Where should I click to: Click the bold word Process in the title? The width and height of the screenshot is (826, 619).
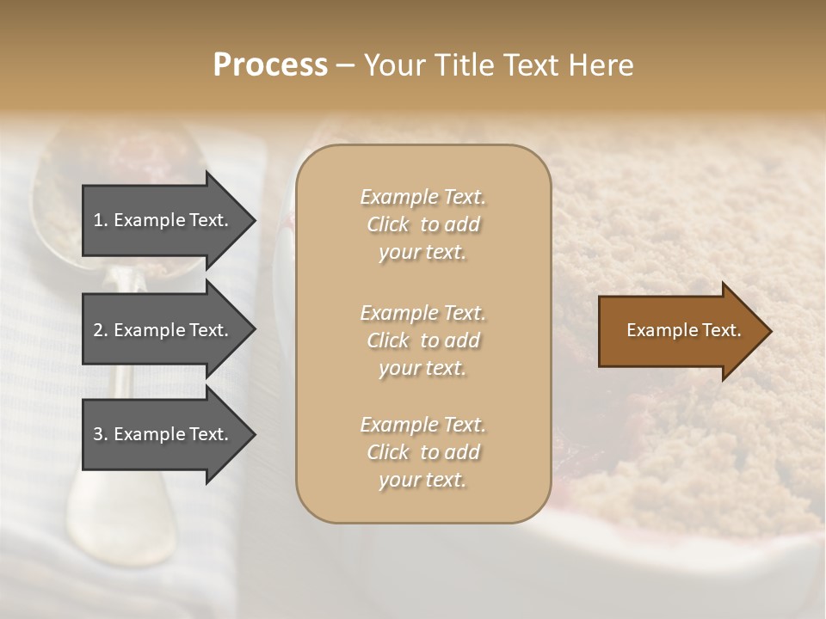[x=270, y=65]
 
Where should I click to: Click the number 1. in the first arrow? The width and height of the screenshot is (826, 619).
[x=101, y=220]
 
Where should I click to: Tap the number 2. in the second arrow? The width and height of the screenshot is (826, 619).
[x=101, y=330]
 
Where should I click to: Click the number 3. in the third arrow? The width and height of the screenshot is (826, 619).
[x=101, y=434]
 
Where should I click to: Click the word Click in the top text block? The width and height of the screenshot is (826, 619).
[x=388, y=224]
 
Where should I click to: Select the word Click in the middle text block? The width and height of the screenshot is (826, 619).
[x=388, y=340]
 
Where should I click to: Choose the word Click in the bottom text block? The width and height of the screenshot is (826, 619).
[x=388, y=452]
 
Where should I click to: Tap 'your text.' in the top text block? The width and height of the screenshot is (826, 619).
[x=422, y=252]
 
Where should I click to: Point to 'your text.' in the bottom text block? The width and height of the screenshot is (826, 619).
[x=422, y=480]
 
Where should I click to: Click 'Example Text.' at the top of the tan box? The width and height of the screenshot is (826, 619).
[x=422, y=197]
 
